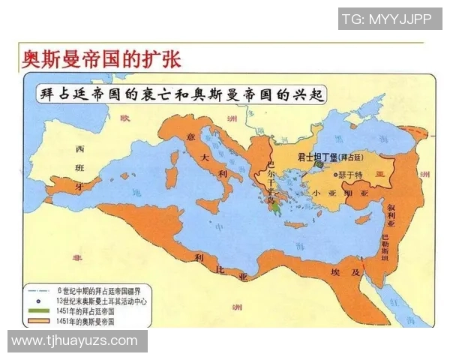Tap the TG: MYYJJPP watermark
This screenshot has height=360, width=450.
click(386, 19)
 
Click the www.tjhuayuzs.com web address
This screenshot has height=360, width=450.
click(75, 340)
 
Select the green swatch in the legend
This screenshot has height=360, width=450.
click(42, 310)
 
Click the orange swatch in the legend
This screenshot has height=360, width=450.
click(42, 320)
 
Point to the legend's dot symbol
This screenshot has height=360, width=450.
click(41, 299)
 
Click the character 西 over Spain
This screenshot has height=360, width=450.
click(79, 148)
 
